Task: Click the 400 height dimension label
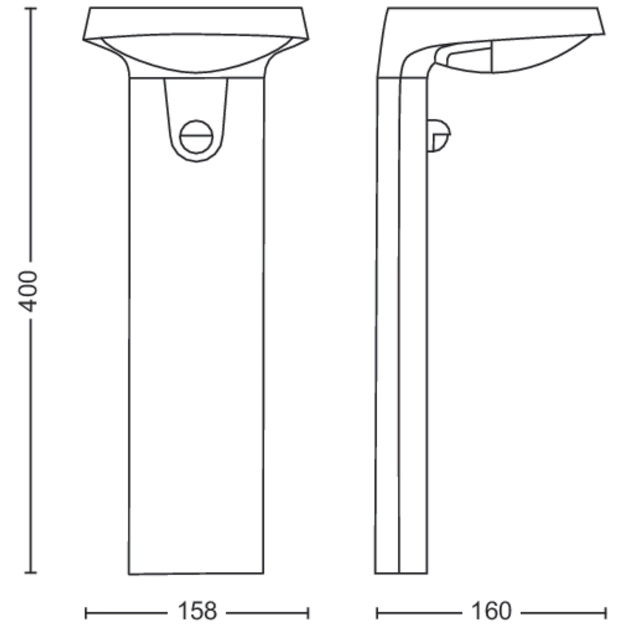(x=29, y=291)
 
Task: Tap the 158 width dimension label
(x=197, y=611)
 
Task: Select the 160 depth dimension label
(x=491, y=611)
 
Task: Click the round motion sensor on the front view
(x=197, y=136)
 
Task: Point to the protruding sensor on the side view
(x=439, y=135)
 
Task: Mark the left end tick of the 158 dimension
(x=86, y=613)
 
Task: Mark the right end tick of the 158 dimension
(x=308, y=613)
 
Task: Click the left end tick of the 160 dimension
(x=377, y=613)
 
